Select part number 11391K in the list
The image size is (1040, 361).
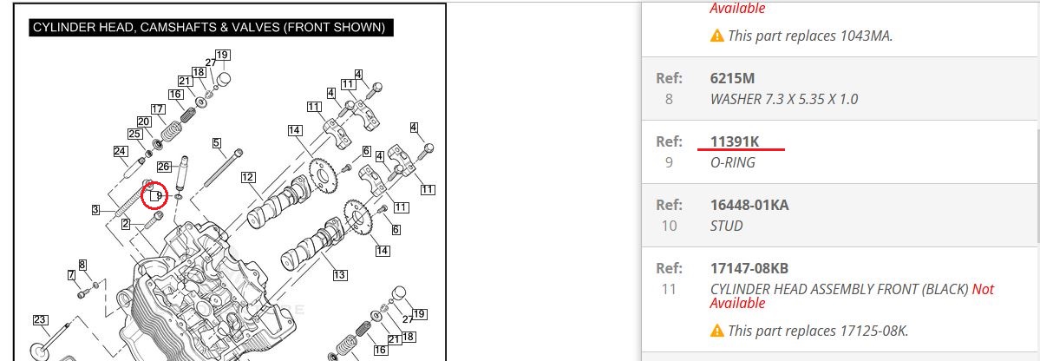pyautogui.click(x=734, y=141)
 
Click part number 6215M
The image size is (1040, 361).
pyautogui.click(x=732, y=78)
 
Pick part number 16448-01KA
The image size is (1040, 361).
pyautogui.click(x=749, y=205)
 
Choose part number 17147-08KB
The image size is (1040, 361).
pyautogui.click(x=749, y=269)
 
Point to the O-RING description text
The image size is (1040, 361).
pyautogui.click(x=732, y=162)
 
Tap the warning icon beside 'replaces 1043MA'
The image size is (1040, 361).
pyautogui.click(x=717, y=36)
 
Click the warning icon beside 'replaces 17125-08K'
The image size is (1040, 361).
pyautogui.click(x=717, y=331)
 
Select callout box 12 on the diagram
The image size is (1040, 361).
pyautogui.click(x=248, y=177)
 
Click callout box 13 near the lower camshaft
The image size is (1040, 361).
pyautogui.click(x=340, y=275)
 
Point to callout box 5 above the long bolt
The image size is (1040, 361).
pyautogui.click(x=217, y=142)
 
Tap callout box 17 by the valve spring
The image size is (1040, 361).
pyautogui.click(x=158, y=108)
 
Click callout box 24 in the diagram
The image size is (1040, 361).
pyautogui.click(x=120, y=151)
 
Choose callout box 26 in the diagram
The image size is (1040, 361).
pyautogui.click(x=164, y=166)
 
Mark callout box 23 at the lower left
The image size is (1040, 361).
pyautogui.click(x=41, y=320)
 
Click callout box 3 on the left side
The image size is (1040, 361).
pyautogui.click(x=95, y=210)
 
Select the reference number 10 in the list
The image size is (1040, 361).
pyautogui.click(x=670, y=226)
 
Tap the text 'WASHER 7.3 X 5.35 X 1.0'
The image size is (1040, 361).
pyautogui.click(x=784, y=100)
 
